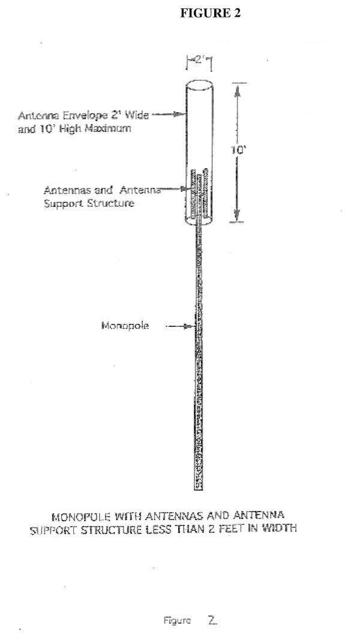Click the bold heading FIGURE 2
pyautogui.click(x=210, y=14)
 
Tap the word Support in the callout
pyautogui.click(x=62, y=204)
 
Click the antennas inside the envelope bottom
pyautogui.click(x=200, y=195)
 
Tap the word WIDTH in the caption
pyautogui.click(x=280, y=530)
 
